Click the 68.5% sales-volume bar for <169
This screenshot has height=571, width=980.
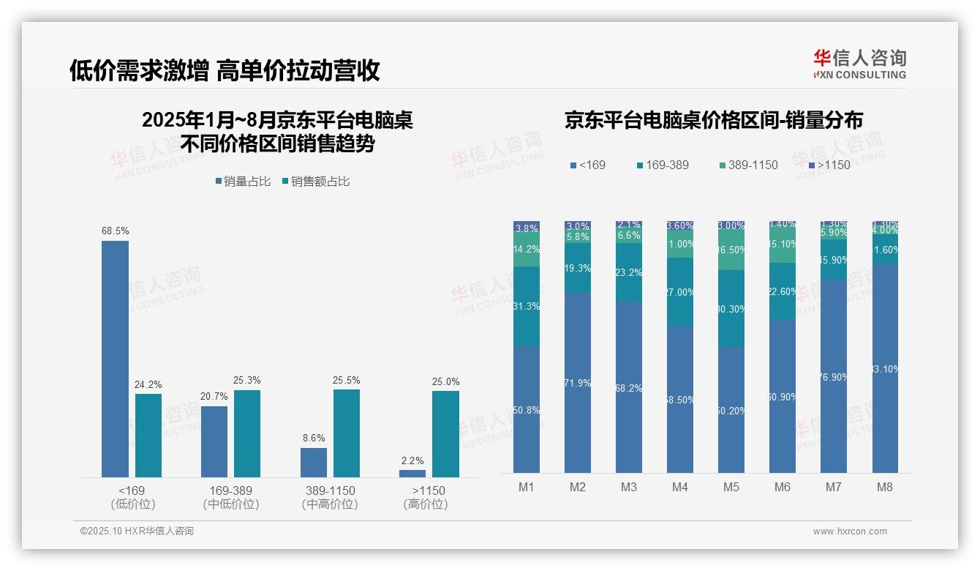point(115,359)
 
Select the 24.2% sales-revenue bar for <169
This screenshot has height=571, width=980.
point(148,436)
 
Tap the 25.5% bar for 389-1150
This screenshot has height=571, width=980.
point(347,433)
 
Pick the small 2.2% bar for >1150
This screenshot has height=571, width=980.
point(412,474)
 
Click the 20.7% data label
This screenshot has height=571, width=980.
point(214,397)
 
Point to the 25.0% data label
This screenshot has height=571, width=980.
point(446,381)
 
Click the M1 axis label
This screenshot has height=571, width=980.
point(527,488)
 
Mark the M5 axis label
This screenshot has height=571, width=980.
point(731,488)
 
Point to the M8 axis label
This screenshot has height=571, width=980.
point(885,488)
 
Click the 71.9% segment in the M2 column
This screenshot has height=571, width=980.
point(578,382)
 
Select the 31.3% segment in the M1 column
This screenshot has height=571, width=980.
point(527,306)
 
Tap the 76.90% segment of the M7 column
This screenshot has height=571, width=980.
point(834,376)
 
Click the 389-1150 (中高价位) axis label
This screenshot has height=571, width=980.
point(330,497)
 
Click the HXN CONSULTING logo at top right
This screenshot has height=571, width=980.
point(859,64)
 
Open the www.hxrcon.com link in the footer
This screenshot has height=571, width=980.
point(850,531)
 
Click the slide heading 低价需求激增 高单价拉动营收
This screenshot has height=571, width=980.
point(225,70)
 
